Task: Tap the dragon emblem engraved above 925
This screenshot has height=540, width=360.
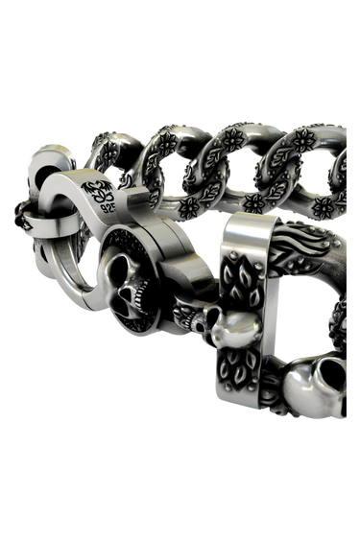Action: point(97,191)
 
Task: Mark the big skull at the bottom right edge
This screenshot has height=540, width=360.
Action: point(317,386)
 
